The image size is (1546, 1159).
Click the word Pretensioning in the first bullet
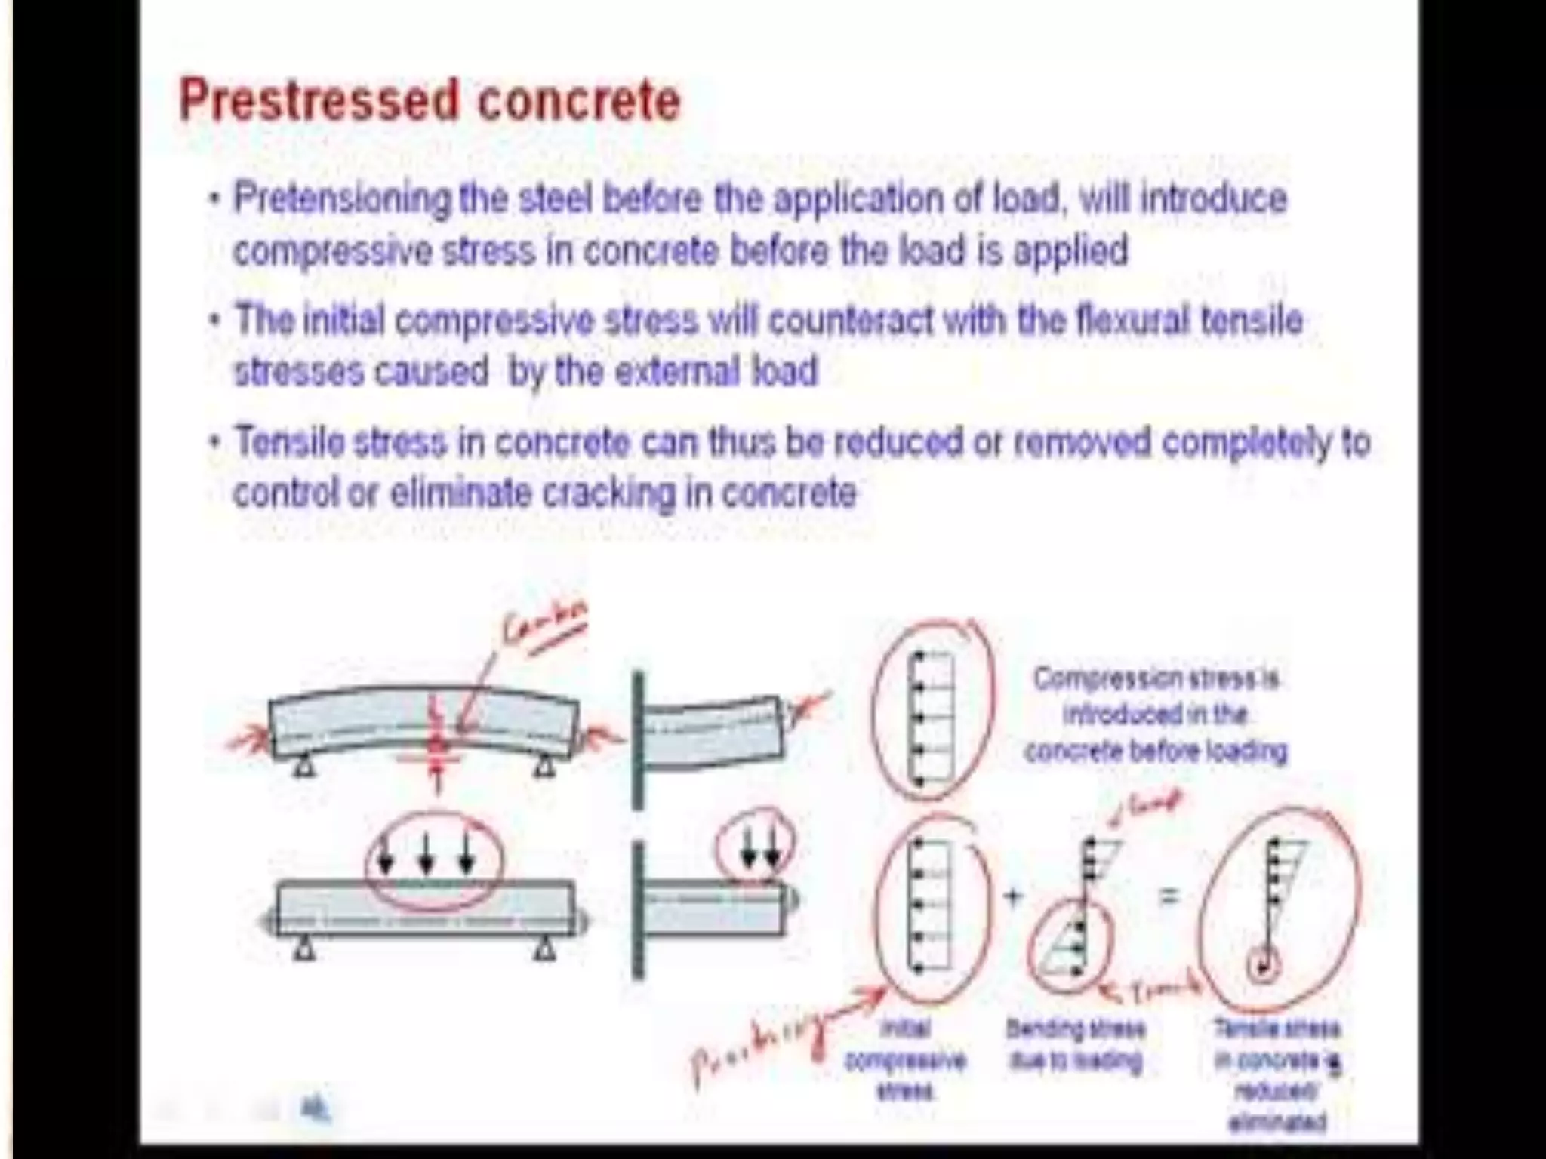pos(340,198)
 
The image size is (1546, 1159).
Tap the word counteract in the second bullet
pos(850,321)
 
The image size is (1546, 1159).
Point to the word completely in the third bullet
pos(1246,443)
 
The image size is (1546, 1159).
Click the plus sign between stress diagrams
pos(1013,896)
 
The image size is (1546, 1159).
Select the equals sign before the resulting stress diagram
pos(1168,896)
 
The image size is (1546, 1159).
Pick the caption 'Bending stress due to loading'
pos(1076,1044)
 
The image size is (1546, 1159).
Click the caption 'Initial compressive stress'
pos(904,1059)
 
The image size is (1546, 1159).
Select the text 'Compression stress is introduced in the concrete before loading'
pos(1155,714)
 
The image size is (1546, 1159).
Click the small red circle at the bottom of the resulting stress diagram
pos(1263,965)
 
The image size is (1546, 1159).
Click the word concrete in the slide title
pos(580,100)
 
